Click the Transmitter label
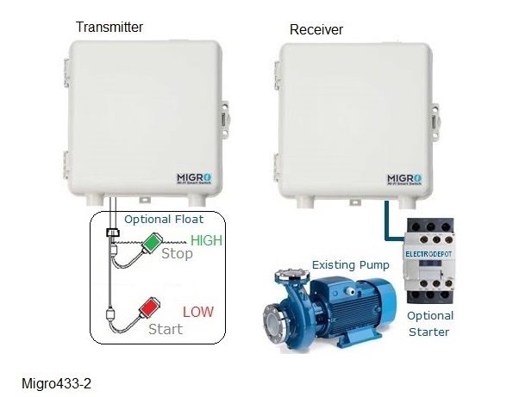(x=109, y=28)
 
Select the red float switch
(x=152, y=307)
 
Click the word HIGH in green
(x=207, y=240)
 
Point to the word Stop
(x=177, y=254)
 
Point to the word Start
(x=166, y=328)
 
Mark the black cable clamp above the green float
(x=112, y=233)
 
